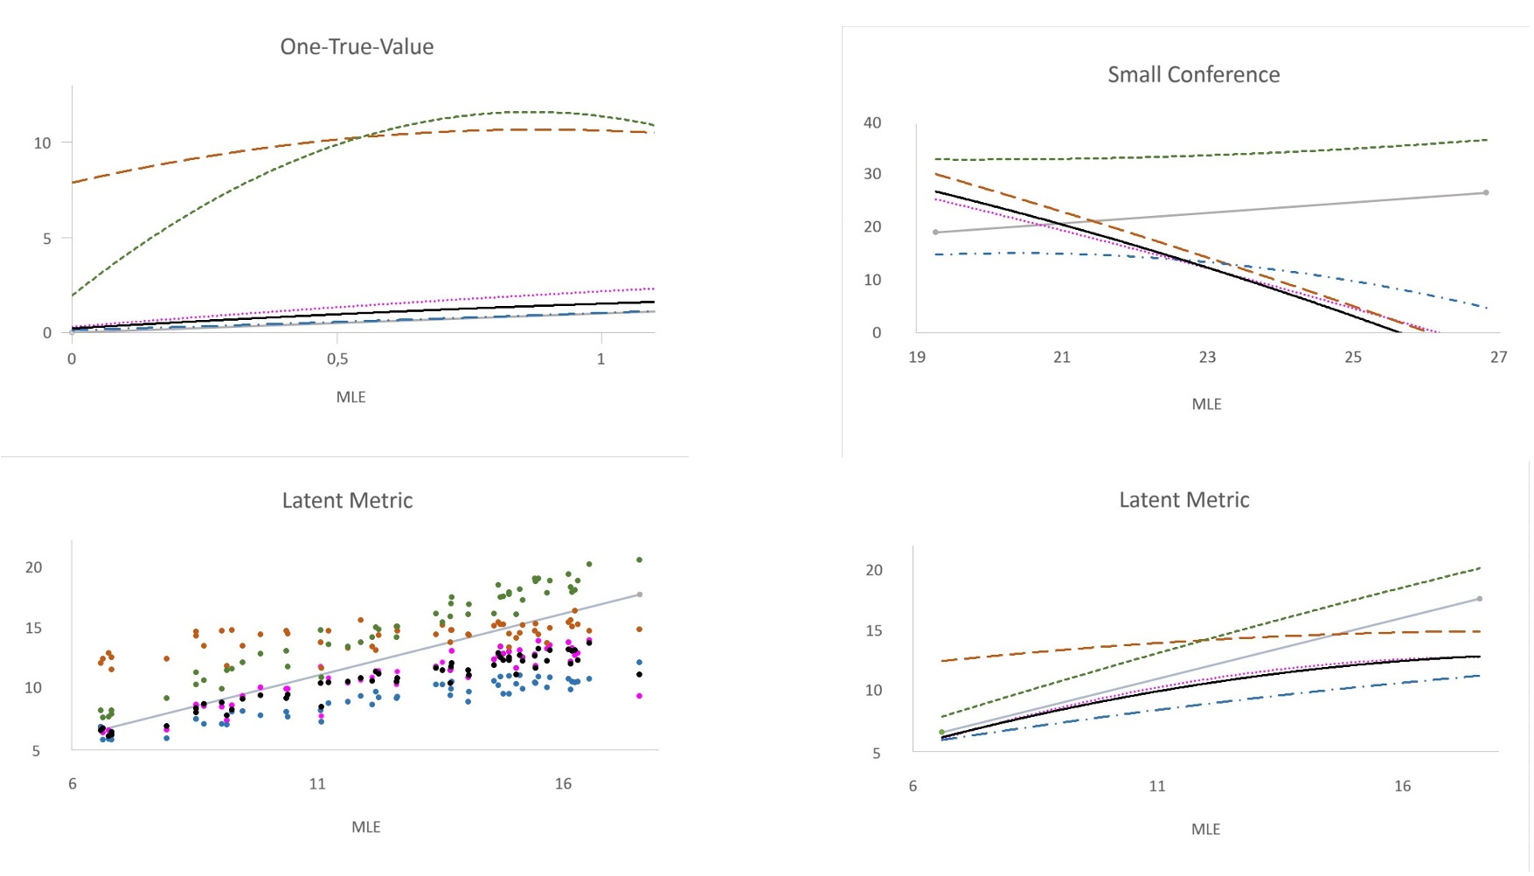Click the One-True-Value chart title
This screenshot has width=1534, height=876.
(357, 47)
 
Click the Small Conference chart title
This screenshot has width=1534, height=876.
(1193, 75)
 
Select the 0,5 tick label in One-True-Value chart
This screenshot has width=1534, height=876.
(337, 359)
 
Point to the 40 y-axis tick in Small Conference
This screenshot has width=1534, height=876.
(872, 123)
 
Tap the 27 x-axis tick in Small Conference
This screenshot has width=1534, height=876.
(1498, 358)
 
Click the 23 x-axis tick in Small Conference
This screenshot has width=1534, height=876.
(1207, 358)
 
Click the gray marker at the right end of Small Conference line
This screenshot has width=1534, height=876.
(1486, 193)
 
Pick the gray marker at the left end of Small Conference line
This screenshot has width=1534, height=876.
(936, 233)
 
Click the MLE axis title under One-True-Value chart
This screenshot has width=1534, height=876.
(351, 398)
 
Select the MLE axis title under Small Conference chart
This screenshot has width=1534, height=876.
(1206, 405)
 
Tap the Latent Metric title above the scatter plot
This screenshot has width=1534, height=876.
(347, 501)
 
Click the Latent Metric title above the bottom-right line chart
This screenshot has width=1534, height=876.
(1183, 500)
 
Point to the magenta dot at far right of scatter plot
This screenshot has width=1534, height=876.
(639, 697)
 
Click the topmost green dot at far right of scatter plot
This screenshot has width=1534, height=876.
(639, 560)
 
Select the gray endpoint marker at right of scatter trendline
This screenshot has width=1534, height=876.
(640, 595)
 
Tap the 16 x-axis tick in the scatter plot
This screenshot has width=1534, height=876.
(563, 784)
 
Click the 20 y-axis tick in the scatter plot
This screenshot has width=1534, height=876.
(33, 567)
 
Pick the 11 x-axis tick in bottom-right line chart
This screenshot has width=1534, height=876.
(1156, 787)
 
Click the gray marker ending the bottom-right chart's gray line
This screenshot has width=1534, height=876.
(1479, 600)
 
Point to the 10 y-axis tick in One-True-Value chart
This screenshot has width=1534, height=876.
(42, 143)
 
